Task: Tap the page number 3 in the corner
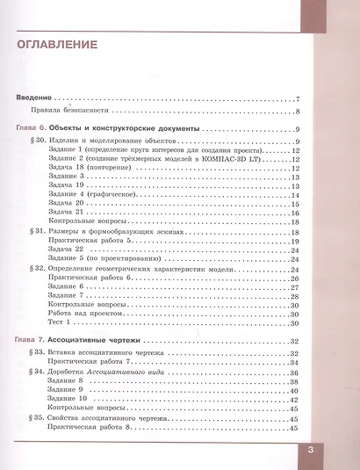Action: [x=335, y=451]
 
